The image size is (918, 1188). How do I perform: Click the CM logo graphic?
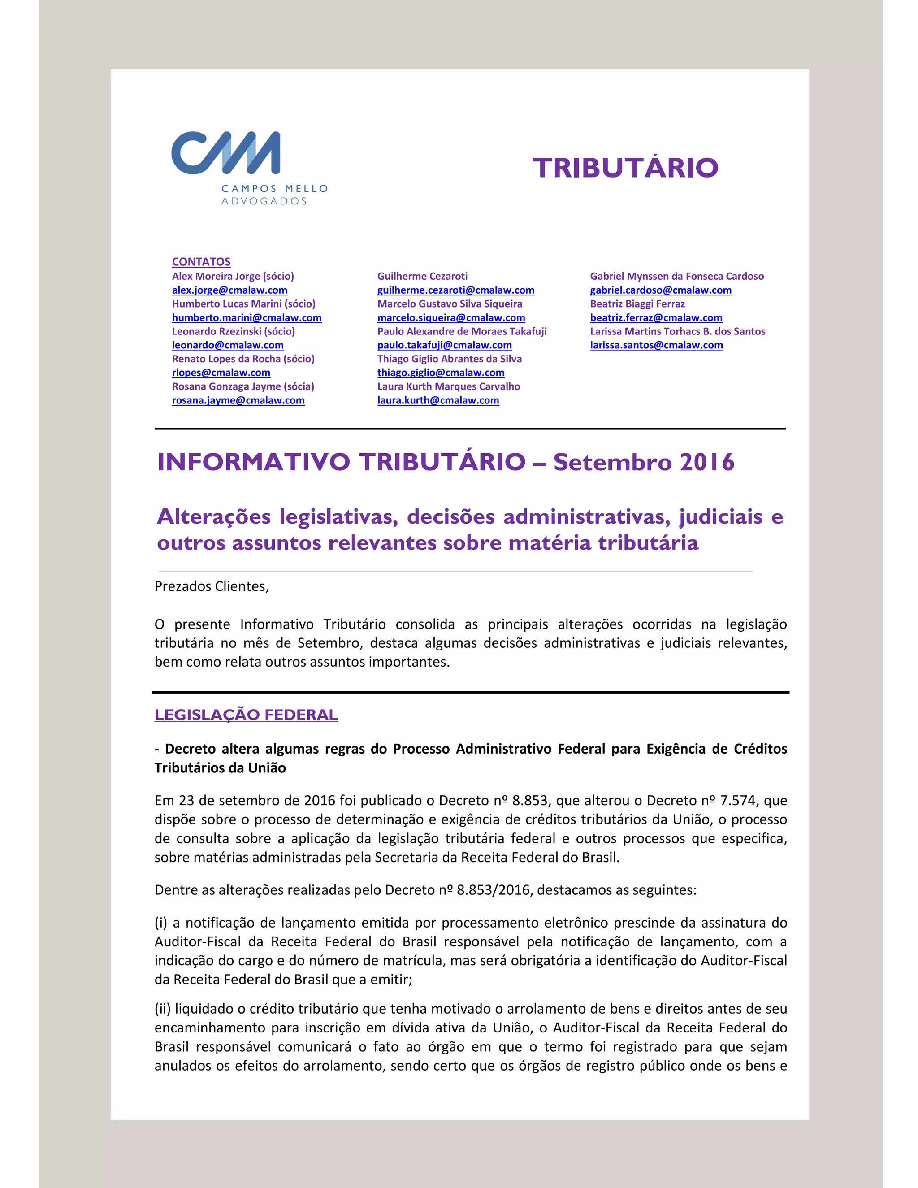[226, 153]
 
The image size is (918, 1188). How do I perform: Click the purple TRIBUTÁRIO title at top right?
[625, 168]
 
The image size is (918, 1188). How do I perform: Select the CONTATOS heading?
[201, 262]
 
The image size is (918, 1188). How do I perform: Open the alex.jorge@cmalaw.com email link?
[229, 290]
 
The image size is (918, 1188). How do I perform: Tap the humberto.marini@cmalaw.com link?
[247, 318]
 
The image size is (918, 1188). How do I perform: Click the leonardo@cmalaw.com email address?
[227, 345]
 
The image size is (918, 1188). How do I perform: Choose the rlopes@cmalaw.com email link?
[221, 373]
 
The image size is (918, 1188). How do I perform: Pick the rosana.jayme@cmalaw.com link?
[238, 400]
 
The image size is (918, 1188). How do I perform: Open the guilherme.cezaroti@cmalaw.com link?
[456, 290]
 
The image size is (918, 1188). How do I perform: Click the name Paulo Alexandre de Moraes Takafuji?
[462, 331]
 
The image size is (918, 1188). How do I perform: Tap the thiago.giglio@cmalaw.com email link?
[441, 373]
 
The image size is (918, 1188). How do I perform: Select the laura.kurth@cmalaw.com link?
[438, 400]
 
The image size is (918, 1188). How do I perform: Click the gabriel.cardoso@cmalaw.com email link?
[661, 290]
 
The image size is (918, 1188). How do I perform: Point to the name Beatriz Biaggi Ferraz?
[637, 304]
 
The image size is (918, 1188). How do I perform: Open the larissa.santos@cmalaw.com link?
[656, 345]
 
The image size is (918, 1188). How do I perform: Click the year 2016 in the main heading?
[706, 462]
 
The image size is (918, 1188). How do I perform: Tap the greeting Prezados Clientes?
[212, 586]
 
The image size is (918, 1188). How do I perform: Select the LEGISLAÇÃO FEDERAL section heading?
[246, 715]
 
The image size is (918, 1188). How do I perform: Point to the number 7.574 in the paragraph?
[739, 801]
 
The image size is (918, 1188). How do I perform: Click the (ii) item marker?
[162, 1009]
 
